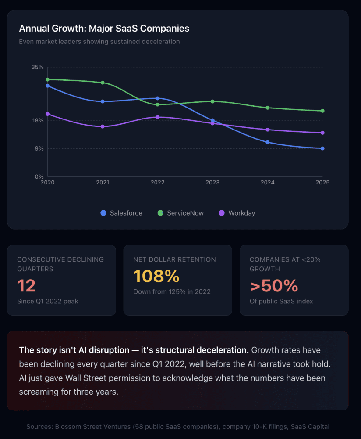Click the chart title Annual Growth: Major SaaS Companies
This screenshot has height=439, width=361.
click(x=104, y=29)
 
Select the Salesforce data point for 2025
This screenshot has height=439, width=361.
click(x=322, y=148)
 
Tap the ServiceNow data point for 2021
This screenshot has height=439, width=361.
click(x=103, y=83)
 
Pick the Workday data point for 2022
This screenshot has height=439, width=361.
click(x=157, y=117)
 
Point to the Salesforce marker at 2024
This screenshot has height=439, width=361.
click(x=267, y=142)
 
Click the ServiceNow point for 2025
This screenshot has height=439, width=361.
click(x=322, y=111)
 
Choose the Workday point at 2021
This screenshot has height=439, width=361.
click(x=103, y=126)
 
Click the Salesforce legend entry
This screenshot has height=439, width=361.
click(x=121, y=213)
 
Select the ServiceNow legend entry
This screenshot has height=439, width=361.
click(x=180, y=213)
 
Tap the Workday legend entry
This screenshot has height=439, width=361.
click(x=237, y=213)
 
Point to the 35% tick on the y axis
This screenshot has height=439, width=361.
click(x=38, y=67)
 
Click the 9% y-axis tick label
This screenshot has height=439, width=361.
click(x=39, y=148)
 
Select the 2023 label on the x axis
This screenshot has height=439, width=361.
click(x=212, y=182)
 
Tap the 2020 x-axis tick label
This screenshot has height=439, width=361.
click(x=47, y=182)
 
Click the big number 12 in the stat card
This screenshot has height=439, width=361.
click(x=26, y=286)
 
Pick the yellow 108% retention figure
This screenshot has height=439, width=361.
click(x=156, y=276)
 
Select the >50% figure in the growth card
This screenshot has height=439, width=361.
click(x=274, y=286)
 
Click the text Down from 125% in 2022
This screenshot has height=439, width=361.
click(x=172, y=292)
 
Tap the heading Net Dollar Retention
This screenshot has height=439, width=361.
click(x=174, y=259)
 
